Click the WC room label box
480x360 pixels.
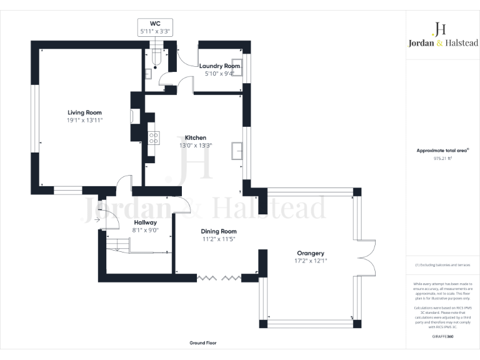[154, 27]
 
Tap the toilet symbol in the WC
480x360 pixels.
[156, 58]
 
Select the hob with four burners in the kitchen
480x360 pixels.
[152, 137]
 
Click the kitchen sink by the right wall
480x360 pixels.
[237, 151]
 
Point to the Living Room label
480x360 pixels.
[85, 112]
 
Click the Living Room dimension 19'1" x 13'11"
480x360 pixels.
[85, 119]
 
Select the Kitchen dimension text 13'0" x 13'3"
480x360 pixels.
[195, 145]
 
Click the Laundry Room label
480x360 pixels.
[219, 66]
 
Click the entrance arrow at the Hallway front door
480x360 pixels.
[97, 219]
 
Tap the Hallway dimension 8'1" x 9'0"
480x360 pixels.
[145, 230]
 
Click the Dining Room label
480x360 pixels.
[219, 231]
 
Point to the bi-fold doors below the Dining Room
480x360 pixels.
[219, 276]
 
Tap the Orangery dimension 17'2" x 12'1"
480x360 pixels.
[311, 261]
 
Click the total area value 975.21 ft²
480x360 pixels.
[442, 159]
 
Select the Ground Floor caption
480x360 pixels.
[203, 343]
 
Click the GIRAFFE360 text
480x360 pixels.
[442, 337]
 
